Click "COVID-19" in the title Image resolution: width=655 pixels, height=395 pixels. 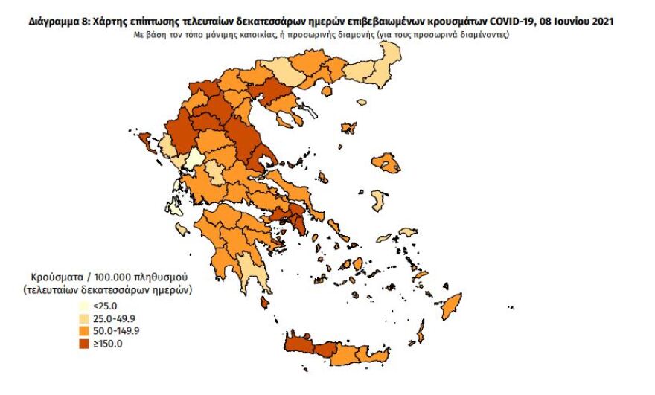(513, 23)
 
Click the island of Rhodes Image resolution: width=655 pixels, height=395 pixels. (450, 305)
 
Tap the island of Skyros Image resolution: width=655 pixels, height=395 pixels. (323, 178)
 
